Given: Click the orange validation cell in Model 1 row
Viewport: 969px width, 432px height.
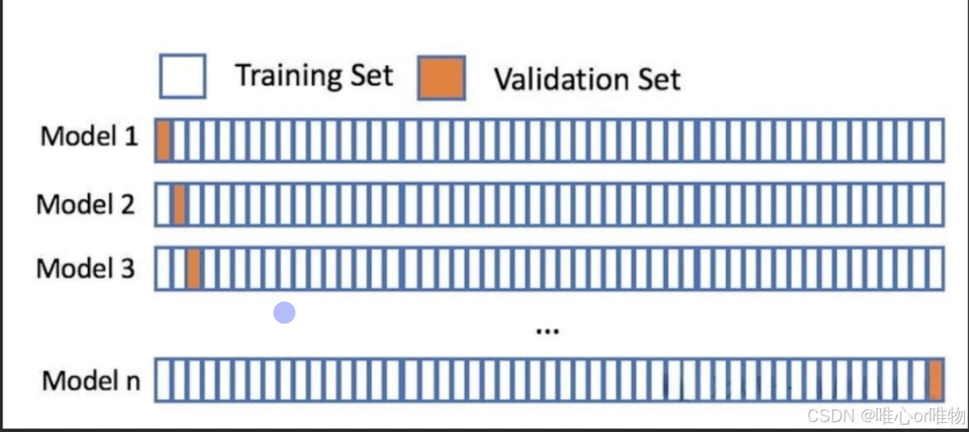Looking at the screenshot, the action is tap(164, 140).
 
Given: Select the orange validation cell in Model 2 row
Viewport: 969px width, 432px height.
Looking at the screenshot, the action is tap(179, 205).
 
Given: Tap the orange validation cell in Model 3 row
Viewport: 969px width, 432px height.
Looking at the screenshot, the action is tap(194, 269).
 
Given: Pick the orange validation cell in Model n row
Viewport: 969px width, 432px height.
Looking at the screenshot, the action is tap(935, 380).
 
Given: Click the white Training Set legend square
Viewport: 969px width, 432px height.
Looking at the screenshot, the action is tap(182, 76).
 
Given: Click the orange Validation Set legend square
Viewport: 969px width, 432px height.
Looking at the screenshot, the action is tap(441, 78).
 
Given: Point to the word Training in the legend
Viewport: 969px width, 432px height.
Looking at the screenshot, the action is tap(284, 76).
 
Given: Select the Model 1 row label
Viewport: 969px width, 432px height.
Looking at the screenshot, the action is tap(90, 136).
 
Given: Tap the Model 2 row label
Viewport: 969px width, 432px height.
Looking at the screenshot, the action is tap(85, 203).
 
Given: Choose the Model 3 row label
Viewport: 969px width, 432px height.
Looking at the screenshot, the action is tap(85, 268).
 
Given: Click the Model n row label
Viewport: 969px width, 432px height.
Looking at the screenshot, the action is tap(90, 380).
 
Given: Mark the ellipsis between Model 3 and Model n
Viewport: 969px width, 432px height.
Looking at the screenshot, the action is tap(547, 331).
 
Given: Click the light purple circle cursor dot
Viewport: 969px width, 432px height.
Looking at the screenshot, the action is tap(284, 313).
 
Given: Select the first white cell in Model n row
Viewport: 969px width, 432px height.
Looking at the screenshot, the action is tap(162, 380).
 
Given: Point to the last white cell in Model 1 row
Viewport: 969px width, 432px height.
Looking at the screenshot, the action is tap(935, 140).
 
